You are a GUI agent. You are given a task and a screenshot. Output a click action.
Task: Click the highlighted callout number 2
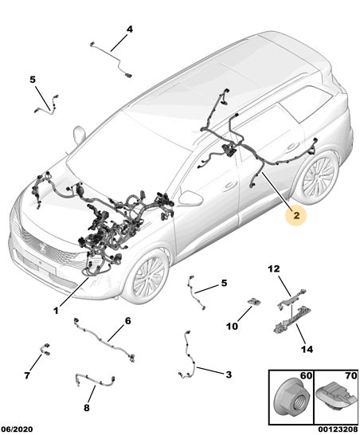[296, 216]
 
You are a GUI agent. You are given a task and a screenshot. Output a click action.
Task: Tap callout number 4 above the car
[130, 29]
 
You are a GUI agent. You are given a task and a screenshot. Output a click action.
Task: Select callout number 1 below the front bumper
[56, 311]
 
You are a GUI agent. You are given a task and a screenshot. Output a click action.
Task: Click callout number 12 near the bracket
[274, 268]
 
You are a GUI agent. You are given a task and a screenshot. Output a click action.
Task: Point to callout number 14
[307, 349]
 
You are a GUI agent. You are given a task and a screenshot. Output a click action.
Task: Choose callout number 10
[232, 327]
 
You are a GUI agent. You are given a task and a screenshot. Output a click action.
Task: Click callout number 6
[127, 321]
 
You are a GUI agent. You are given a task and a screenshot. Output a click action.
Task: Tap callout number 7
[27, 375]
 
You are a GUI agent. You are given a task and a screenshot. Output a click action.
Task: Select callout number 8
[87, 408]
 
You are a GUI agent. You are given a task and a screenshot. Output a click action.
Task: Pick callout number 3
[229, 374]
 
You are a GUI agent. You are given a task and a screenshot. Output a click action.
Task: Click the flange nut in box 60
[290, 399]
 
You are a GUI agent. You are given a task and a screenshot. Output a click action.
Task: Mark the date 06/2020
[17, 429]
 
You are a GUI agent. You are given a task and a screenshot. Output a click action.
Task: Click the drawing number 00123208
[338, 429]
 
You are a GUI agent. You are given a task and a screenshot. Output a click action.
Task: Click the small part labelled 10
[253, 301]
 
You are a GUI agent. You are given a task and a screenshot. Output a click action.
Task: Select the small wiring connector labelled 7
[45, 349]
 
